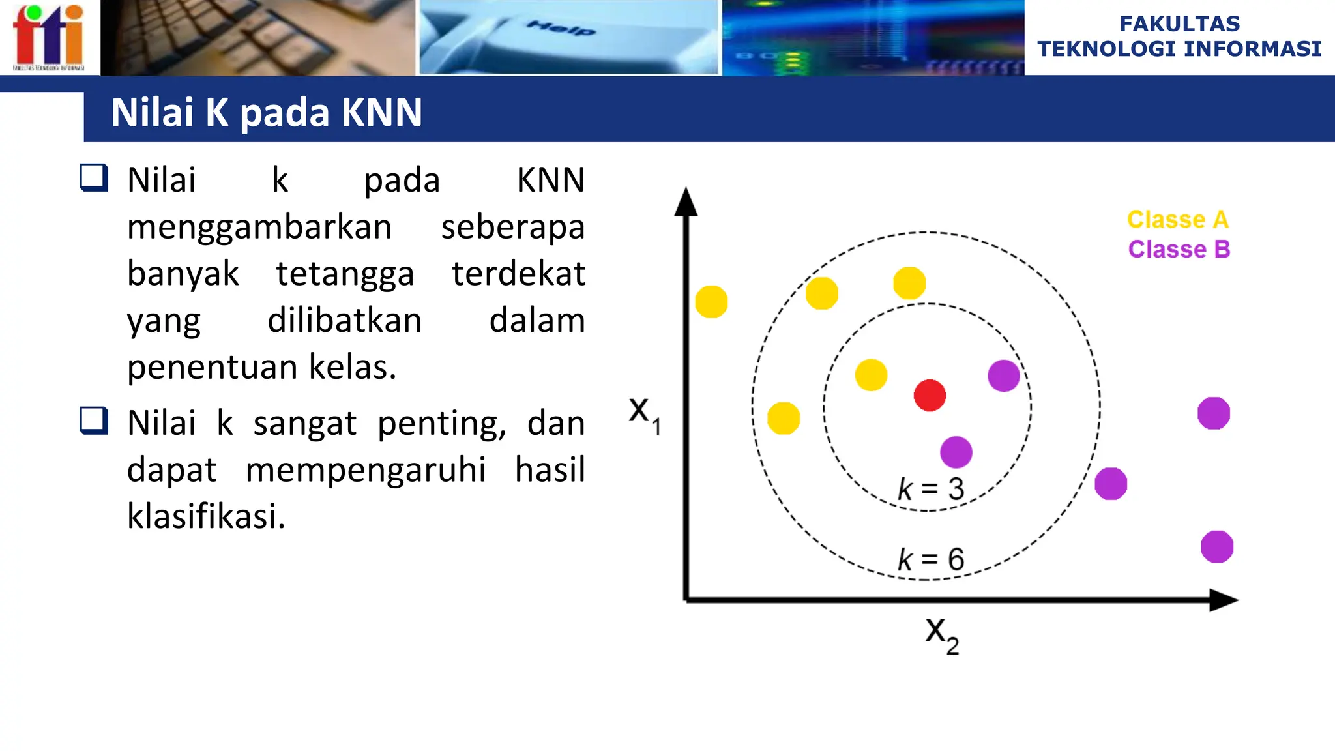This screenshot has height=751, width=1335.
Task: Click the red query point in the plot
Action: pyautogui.click(x=930, y=395)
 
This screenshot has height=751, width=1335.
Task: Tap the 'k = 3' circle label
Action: pyautogui.click(x=931, y=489)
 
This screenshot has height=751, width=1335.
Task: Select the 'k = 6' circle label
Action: pyautogui.click(x=931, y=559)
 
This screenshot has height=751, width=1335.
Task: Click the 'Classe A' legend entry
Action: pyautogui.click(x=1178, y=220)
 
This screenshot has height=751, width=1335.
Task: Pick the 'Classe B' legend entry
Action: pyautogui.click(x=1179, y=249)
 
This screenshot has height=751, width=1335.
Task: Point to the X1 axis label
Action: pyautogui.click(x=644, y=413)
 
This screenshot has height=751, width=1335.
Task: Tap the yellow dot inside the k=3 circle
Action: pyautogui.click(x=871, y=375)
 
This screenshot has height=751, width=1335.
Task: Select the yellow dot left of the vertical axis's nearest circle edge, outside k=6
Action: pyautogui.click(x=711, y=302)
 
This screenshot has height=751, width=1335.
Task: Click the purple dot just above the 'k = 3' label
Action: pyautogui.click(x=956, y=452)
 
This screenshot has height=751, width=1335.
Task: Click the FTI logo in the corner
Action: pyautogui.click(x=49, y=37)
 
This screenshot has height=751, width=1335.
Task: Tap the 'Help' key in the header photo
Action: pyautogui.click(x=561, y=28)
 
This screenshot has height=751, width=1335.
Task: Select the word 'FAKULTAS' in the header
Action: pyautogui.click(x=1179, y=23)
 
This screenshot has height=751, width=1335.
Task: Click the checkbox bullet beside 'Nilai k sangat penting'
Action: pyautogui.click(x=94, y=420)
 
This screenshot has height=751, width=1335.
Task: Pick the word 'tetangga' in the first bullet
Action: pyautogui.click(x=345, y=273)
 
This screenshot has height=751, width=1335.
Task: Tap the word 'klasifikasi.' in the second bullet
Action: pyautogui.click(x=206, y=516)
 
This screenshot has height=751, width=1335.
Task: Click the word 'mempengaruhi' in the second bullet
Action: pyautogui.click(x=366, y=469)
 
